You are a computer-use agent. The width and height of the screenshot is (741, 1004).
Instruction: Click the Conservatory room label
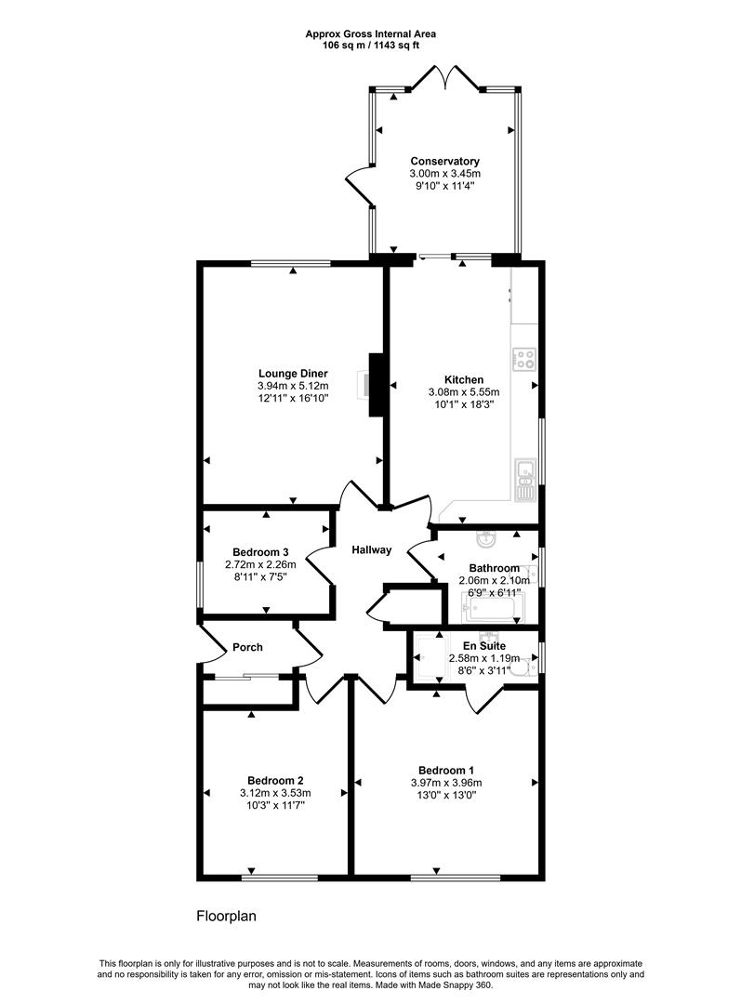444,161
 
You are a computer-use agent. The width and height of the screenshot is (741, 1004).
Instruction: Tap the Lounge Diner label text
293,373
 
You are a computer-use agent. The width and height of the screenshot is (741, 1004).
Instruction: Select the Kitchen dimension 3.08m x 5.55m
463,392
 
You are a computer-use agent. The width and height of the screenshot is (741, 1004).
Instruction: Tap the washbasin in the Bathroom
485,540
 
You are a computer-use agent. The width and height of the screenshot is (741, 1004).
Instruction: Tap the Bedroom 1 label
446,770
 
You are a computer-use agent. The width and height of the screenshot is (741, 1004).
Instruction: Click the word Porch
247,647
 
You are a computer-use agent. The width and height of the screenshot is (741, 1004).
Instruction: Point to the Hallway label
371,550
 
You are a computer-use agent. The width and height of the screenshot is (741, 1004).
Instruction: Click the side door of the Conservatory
359,184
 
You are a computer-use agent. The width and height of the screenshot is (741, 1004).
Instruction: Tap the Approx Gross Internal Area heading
370,33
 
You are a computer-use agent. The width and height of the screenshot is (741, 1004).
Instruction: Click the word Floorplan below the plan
225,916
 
